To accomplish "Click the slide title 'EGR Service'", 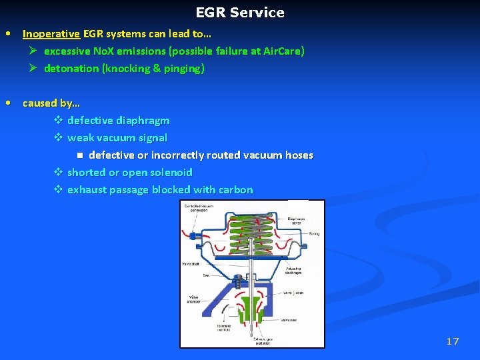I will click(x=240, y=13).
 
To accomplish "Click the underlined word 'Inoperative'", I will click(x=51, y=33).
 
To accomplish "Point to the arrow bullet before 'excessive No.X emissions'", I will click(x=33, y=51).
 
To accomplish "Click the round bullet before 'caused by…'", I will click(x=7, y=103).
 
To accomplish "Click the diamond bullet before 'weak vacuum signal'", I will click(x=58, y=138).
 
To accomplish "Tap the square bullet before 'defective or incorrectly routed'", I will click(x=79, y=155).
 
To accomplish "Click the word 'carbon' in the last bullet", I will click(x=235, y=189).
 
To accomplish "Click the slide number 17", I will click(x=453, y=341).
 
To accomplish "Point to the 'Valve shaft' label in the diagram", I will click(x=191, y=265).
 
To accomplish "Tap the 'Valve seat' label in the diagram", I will click(x=289, y=319).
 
